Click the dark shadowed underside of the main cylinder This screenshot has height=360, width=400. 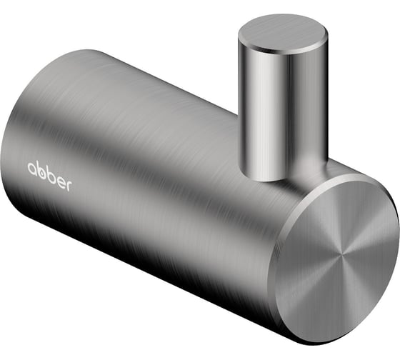(143, 257)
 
